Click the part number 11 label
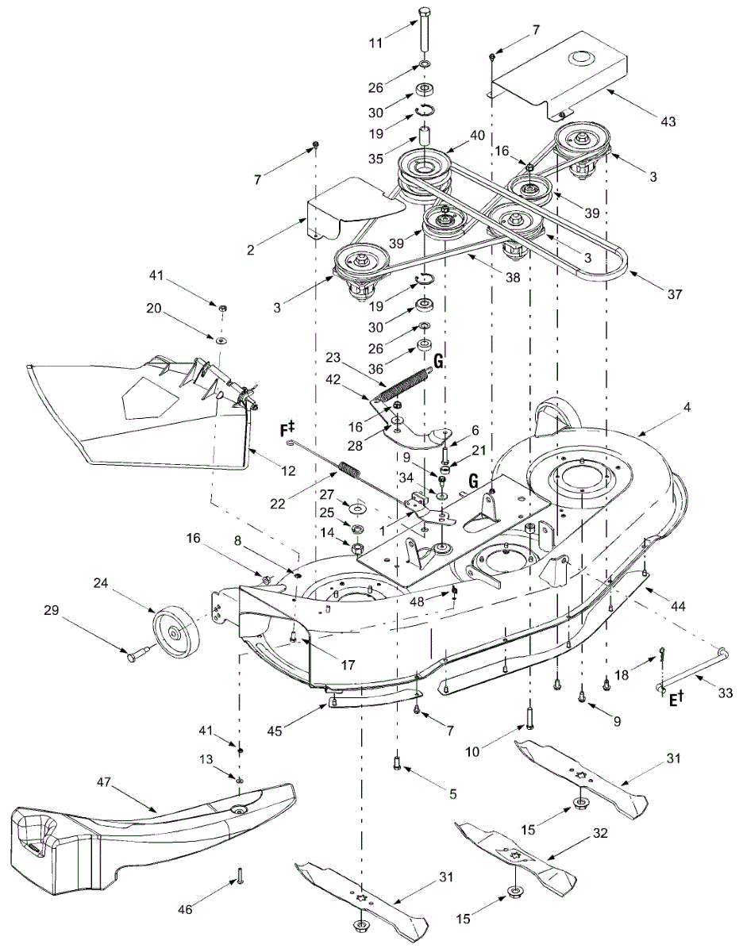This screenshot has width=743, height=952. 375,43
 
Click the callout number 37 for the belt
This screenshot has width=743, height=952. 675,294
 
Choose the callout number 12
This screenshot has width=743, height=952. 288,470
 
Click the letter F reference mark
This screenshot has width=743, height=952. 285,430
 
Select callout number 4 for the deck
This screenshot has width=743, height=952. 687,408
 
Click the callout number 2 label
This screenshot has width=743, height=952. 250,250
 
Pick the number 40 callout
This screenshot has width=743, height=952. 477,136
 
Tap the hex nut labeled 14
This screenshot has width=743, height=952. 358,547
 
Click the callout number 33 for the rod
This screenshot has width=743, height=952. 726,693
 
